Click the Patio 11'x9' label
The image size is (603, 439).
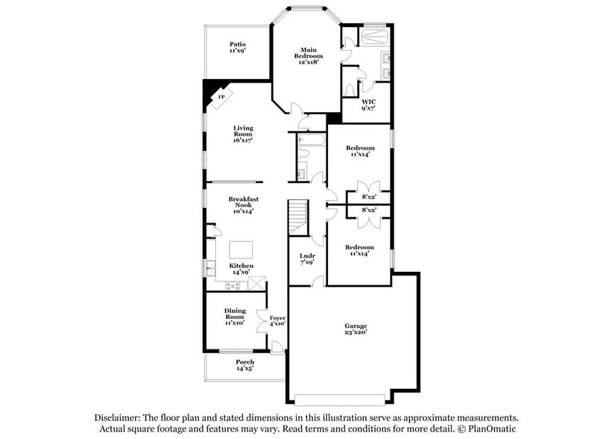coord(237,49)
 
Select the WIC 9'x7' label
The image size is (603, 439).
coord(368,105)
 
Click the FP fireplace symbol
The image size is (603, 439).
coord(221,99)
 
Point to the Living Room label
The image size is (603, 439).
coord(243,134)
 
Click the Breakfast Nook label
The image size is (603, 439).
coord(243,205)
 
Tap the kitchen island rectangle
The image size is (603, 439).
coord(241,249)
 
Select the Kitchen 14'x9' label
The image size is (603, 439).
coord(241,269)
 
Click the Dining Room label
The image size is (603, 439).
coord(235,317)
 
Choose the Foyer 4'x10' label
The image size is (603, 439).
coord(277,321)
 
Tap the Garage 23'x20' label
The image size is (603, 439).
coord(355,329)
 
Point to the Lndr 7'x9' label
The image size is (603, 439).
coord(307,259)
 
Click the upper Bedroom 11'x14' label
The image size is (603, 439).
coord(360,152)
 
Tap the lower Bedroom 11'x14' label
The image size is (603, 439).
coord(359,250)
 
